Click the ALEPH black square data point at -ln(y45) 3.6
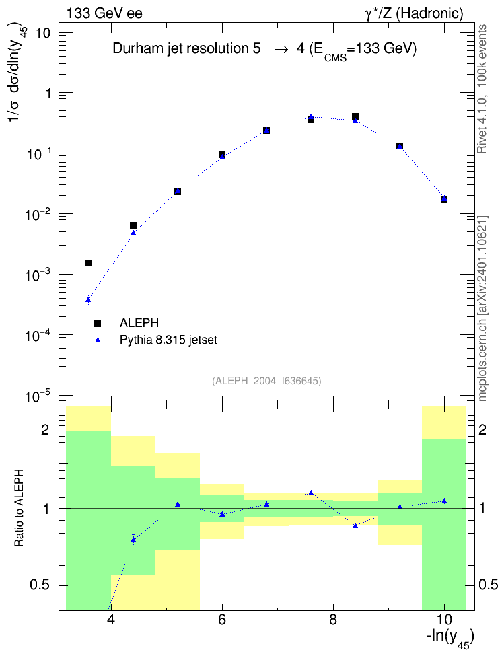point(88,263)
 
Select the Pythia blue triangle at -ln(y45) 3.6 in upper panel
point(88,299)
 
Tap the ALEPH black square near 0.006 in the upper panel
point(133,225)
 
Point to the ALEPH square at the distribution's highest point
point(355,116)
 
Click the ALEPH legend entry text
point(139,323)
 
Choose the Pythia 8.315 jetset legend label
point(169,340)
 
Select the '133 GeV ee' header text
point(104,13)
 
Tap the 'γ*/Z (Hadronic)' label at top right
point(414,13)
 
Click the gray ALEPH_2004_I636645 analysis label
point(266,381)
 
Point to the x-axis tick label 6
point(222,620)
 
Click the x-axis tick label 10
point(444,620)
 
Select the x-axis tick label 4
point(111,620)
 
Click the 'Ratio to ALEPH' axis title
point(19,508)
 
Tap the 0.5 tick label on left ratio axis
point(40,585)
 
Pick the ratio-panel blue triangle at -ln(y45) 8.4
point(355,525)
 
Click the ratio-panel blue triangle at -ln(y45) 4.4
point(133,540)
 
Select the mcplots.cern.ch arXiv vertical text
point(482,308)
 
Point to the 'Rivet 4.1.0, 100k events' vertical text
point(482,89)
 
